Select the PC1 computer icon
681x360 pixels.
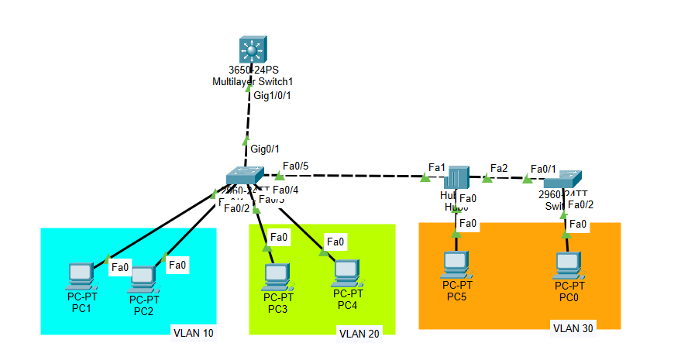click(x=81, y=273)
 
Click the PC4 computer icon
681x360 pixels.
click(x=346, y=272)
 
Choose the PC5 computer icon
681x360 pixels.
click(x=456, y=265)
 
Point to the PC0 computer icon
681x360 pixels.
click(x=568, y=265)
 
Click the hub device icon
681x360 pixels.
click(x=458, y=177)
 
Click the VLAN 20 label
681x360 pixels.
click(x=359, y=334)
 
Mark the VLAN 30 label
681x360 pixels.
click(x=573, y=328)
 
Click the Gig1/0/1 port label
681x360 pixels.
click(x=272, y=96)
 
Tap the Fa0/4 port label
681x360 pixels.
click(x=286, y=189)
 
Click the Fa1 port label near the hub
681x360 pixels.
click(x=437, y=167)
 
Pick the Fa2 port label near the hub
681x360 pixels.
click(x=499, y=167)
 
